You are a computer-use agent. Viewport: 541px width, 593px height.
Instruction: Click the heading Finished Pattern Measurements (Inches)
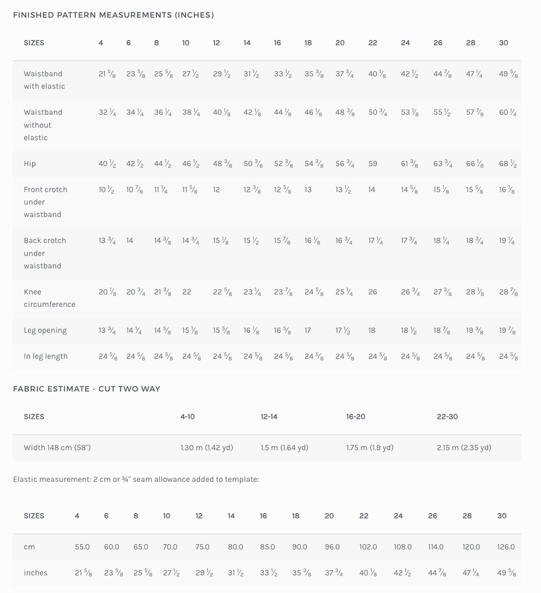coord(114,15)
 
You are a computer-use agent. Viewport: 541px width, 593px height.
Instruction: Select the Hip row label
coord(30,164)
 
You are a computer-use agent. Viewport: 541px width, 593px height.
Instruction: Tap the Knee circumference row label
coord(49,298)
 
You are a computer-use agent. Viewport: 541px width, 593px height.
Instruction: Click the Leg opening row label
coord(45,331)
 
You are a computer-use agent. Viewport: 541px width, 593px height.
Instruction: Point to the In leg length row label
coord(46,357)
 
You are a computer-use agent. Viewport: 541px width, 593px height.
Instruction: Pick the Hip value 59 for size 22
coord(373,164)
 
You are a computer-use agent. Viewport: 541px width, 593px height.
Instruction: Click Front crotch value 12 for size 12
coord(216,190)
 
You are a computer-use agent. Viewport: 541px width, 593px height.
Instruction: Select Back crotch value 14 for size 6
coord(130,241)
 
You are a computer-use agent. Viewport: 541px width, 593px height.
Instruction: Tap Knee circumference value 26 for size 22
coord(373,292)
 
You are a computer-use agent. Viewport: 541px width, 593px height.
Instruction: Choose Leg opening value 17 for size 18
coord(308,331)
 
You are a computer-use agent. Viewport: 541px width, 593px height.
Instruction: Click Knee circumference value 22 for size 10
coord(187,292)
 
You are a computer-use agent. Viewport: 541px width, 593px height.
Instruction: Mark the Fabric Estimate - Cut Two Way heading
coord(87,389)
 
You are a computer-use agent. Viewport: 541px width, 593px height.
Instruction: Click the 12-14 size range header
coord(269,417)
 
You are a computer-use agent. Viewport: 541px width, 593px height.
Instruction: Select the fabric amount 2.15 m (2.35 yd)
coord(464,448)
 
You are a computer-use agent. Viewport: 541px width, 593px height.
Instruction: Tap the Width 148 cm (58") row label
coord(57,448)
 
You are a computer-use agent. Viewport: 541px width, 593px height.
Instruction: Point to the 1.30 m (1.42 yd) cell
coord(207,448)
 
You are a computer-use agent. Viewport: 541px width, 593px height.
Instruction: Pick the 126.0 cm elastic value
coord(506,547)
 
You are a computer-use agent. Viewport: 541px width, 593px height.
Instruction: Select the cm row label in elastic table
coord(29,547)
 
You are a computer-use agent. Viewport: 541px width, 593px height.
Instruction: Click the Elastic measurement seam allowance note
coord(136,479)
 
